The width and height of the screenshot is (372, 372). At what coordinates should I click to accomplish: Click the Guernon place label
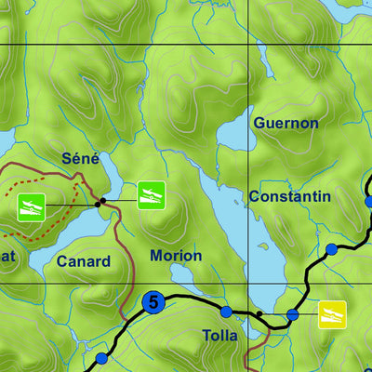[286, 123]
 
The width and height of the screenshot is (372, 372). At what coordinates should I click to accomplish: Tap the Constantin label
[289, 196]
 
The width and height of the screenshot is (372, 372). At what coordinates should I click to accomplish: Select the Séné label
[80, 159]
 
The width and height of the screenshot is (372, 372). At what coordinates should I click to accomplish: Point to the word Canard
[83, 262]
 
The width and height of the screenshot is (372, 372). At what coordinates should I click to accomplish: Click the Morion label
[176, 256]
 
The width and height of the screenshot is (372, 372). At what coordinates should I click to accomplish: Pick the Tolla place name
[219, 335]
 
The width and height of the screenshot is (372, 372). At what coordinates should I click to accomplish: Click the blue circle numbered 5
[153, 302]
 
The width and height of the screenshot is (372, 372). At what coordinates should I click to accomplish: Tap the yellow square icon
[332, 314]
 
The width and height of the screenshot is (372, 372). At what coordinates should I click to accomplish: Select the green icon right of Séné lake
[152, 195]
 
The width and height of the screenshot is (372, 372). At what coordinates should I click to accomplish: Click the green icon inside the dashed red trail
[32, 207]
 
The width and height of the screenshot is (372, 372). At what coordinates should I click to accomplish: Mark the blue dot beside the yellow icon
[292, 315]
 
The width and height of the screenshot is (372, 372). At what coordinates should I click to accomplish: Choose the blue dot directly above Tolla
[225, 312]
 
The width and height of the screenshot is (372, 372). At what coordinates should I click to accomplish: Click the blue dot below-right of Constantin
[331, 249]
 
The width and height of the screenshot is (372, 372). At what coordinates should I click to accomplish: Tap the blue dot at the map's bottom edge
[101, 358]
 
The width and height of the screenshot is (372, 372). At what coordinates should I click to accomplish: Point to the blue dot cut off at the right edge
[368, 201]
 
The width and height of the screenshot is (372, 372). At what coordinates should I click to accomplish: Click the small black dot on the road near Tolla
[259, 314]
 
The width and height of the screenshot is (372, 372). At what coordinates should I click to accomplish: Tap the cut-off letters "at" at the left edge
[7, 256]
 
